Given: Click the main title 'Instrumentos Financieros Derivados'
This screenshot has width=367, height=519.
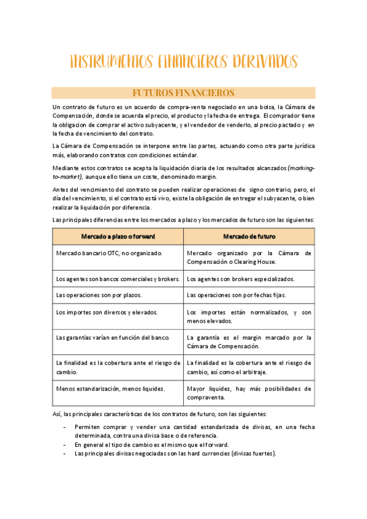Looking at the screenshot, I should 184,62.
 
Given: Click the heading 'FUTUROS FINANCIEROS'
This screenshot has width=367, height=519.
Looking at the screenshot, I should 184,93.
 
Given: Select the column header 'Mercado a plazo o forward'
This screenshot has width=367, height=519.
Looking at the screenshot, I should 118,236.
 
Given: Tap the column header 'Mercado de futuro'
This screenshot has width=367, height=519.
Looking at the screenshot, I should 249,236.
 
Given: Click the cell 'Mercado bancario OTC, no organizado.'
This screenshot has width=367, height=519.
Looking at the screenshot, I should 109,253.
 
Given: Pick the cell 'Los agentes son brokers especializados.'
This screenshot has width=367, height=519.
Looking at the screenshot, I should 241,278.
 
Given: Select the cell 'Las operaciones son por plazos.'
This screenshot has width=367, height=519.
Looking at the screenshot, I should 98,295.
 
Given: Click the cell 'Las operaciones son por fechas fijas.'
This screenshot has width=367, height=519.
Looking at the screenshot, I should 236,295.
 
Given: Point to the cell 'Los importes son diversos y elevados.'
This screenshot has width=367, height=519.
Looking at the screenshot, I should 107,312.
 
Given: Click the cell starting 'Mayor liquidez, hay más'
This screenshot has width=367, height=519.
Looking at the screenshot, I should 249,392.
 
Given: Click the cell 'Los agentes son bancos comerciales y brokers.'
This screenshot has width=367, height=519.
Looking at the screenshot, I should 118,278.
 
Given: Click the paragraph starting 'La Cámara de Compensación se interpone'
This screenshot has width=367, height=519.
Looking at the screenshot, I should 184,151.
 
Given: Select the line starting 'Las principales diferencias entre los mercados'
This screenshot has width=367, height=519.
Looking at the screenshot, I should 184,219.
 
